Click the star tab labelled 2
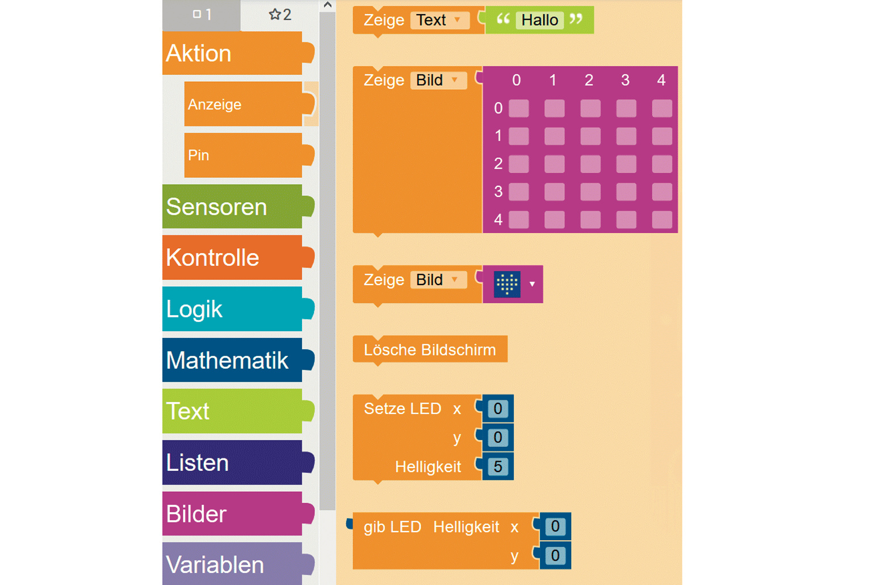click(x=280, y=15)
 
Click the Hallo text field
click(x=539, y=20)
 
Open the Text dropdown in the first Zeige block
click(x=441, y=20)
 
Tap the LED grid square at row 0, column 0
click(x=518, y=108)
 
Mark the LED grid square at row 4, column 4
click(x=662, y=220)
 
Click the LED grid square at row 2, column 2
click(x=590, y=164)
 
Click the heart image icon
click(x=507, y=284)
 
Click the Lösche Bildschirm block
click(x=430, y=350)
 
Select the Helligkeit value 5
click(x=498, y=467)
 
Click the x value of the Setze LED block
click(x=498, y=409)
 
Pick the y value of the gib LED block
click(x=555, y=555)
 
